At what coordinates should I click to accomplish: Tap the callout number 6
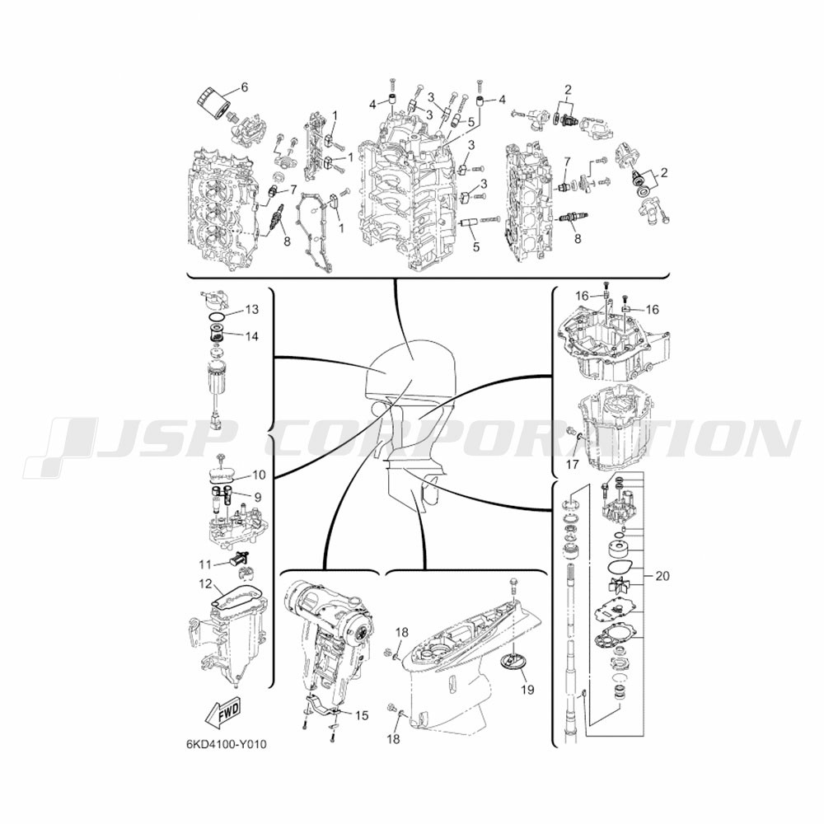click(245, 87)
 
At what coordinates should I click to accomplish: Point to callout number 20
click(662, 576)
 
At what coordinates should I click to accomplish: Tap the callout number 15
click(362, 715)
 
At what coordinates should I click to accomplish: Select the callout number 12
click(205, 584)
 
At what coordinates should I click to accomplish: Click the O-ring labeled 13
click(216, 317)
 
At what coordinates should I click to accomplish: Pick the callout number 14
click(251, 336)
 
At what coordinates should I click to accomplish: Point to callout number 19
click(527, 689)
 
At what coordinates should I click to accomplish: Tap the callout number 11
click(205, 564)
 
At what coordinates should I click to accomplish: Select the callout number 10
click(259, 475)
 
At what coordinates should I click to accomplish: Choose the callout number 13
click(251, 309)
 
